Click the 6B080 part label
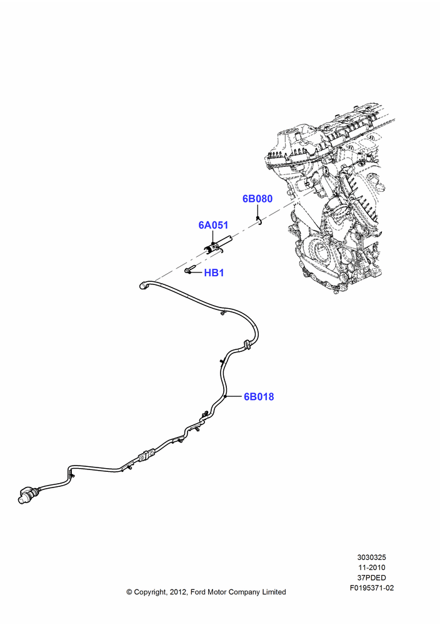pyautogui.click(x=257, y=199)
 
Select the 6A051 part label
pyautogui.click(x=213, y=225)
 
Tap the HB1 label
pyautogui.click(x=214, y=273)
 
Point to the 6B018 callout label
pyautogui.click(x=259, y=397)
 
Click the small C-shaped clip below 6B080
pyautogui.click(x=259, y=221)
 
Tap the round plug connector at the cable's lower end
pyautogui.click(x=26, y=494)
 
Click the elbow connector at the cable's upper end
pyautogui.click(x=144, y=285)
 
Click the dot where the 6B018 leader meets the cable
pyautogui.click(x=225, y=397)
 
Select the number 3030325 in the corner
pyautogui.click(x=371, y=557)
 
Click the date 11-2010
pyautogui.click(x=371, y=567)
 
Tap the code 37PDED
pyautogui.click(x=371, y=577)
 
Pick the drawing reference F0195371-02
pyautogui.click(x=371, y=588)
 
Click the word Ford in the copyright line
pyautogui.click(x=199, y=592)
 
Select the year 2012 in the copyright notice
pyautogui.click(x=177, y=592)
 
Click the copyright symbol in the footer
pyautogui.click(x=129, y=592)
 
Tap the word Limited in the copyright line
pyautogui.click(x=274, y=592)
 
